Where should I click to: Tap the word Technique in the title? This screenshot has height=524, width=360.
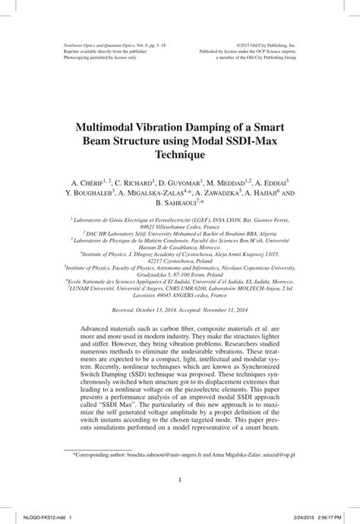(x=180, y=155)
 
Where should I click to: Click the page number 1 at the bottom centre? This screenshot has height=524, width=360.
(x=180, y=479)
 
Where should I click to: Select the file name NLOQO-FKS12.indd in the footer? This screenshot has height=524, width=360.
(x=28, y=515)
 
